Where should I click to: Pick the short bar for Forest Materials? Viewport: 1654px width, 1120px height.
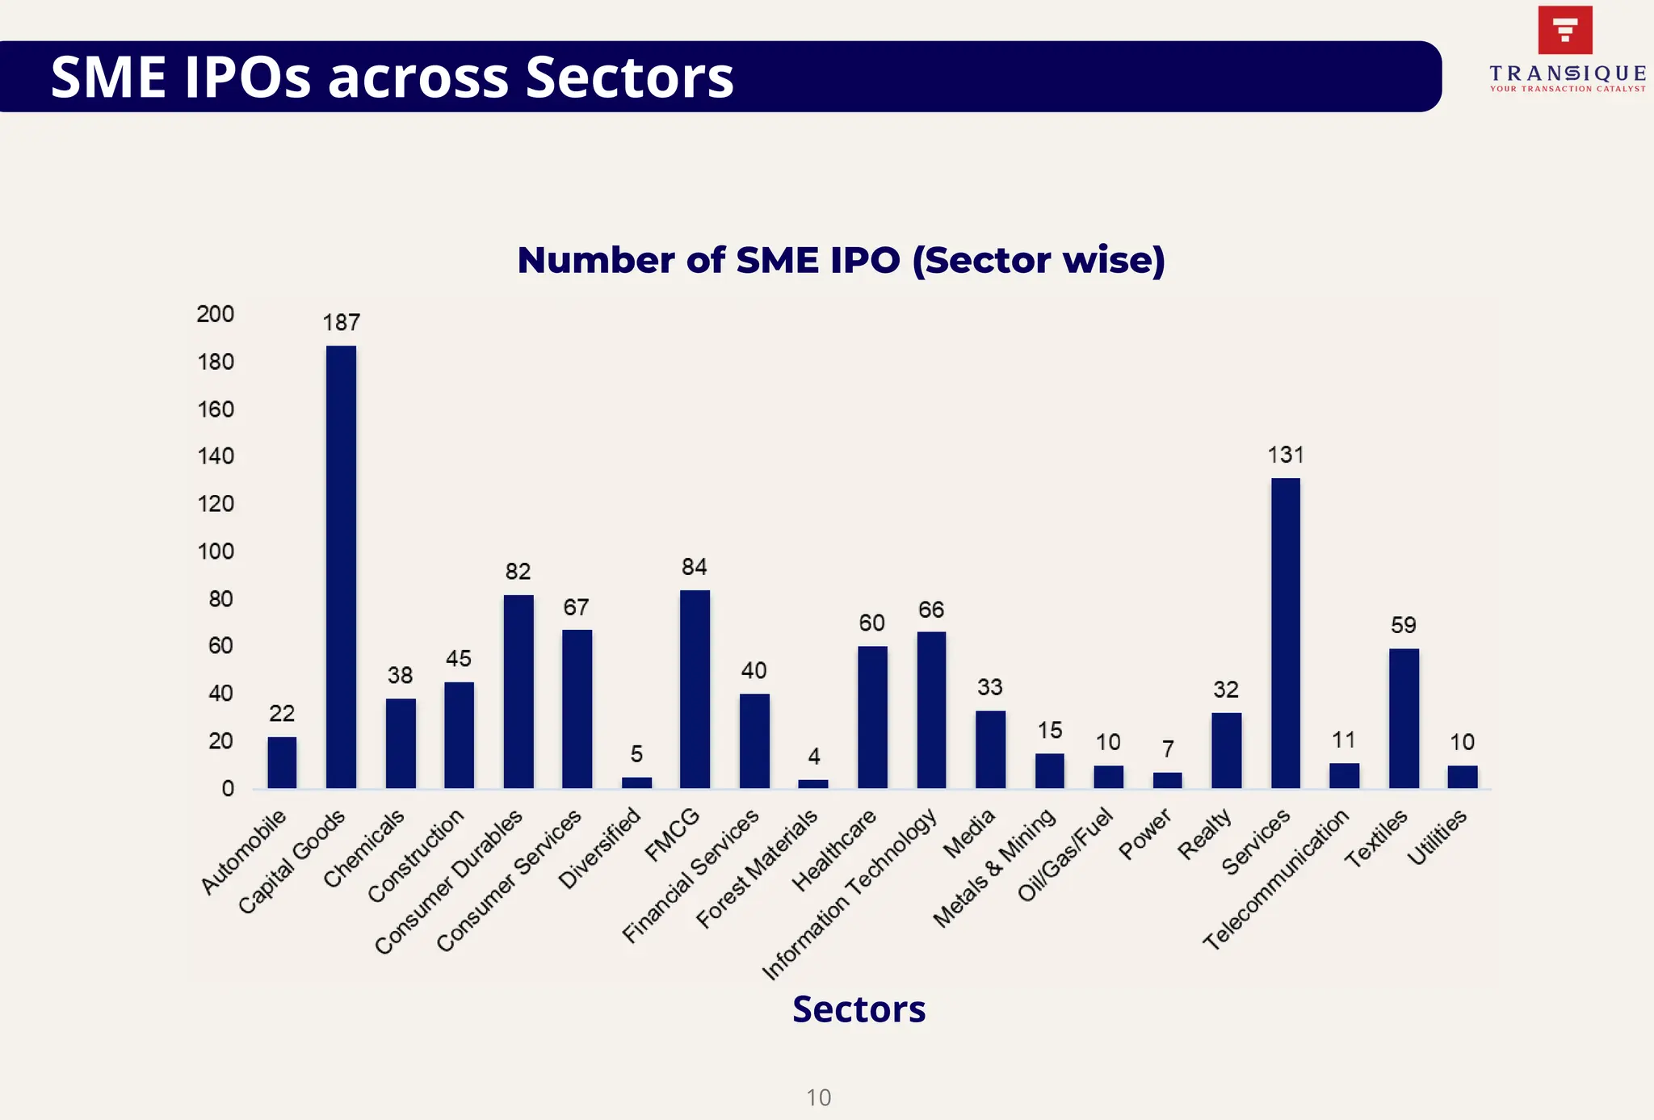click(812, 783)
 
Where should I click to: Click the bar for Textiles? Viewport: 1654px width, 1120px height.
click(1404, 718)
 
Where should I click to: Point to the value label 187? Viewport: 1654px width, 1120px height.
click(341, 323)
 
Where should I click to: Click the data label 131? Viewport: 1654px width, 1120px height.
click(1285, 455)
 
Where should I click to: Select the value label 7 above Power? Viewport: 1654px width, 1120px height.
click(1168, 749)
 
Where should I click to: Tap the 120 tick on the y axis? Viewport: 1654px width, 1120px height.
click(216, 505)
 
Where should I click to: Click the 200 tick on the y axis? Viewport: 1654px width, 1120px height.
click(215, 314)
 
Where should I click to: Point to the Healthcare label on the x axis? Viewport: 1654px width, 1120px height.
click(833, 850)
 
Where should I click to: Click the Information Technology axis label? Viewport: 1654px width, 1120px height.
click(850, 894)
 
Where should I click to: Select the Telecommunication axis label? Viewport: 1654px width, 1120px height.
click(1276, 879)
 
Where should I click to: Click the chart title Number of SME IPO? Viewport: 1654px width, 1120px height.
click(841, 261)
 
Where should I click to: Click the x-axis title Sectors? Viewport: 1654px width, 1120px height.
click(858, 1009)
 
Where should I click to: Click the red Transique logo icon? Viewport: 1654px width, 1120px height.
click(1564, 31)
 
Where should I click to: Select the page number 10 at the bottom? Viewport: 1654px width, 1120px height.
click(818, 1097)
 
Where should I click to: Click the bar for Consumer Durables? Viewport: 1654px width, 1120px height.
click(518, 691)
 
